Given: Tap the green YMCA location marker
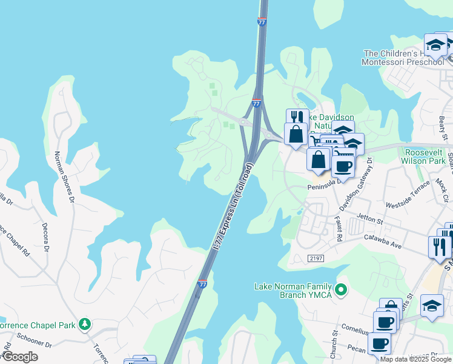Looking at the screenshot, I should pos(341,290).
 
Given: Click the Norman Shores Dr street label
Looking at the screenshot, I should pos(64,177).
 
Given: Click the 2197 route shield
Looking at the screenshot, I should pos(316,258).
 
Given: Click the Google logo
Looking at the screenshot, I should pos(19,357).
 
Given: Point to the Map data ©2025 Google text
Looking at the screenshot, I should pos(415,359).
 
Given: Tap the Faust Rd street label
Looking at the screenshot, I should pos(339,229).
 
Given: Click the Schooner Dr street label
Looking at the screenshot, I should pos(35,345).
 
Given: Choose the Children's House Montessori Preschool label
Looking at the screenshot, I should pos(403,58).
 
